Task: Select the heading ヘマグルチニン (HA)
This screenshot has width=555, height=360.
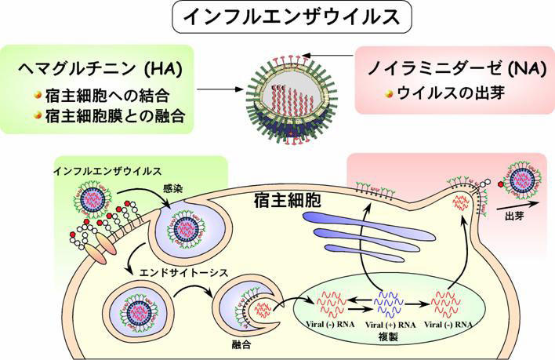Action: (x=100, y=69)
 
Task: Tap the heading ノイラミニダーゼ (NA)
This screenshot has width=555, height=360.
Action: (x=455, y=69)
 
